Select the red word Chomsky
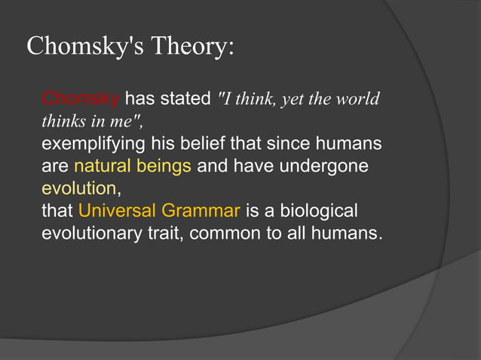(x=81, y=99)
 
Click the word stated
(x=185, y=99)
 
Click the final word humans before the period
(x=345, y=232)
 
